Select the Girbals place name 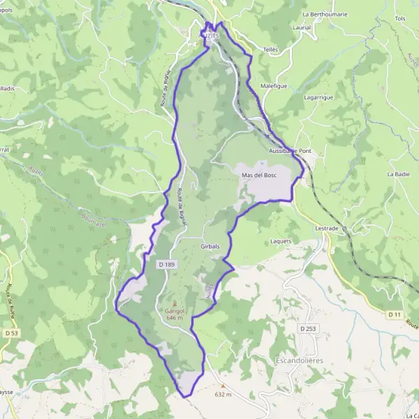coord(210,247)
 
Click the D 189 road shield coord(166,265)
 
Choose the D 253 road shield coord(308,328)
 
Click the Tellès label coord(271,50)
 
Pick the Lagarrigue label coord(318,98)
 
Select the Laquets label coord(281,242)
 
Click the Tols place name coord(400,18)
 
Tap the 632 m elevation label coord(223,395)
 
